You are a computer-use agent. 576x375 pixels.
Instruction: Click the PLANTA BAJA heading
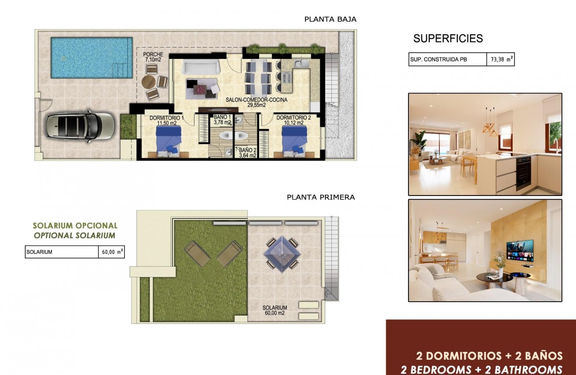[x=330, y=19]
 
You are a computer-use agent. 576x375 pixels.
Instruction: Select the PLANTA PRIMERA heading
[x=321, y=197]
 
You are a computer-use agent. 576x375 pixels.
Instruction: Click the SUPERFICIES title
[x=448, y=38]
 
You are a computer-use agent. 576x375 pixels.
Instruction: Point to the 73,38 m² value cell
[x=501, y=60]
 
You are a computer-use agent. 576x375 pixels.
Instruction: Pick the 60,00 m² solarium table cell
[x=111, y=252]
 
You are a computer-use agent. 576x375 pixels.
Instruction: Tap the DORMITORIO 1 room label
[x=167, y=118]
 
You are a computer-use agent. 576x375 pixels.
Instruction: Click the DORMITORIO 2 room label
[x=294, y=117]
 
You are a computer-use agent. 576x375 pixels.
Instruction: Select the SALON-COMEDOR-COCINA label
[x=257, y=100]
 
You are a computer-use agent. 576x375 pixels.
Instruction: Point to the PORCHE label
[x=153, y=55]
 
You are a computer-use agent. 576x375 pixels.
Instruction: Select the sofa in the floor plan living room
[x=201, y=67]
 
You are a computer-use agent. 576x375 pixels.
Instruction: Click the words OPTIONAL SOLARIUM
[x=75, y=236]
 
